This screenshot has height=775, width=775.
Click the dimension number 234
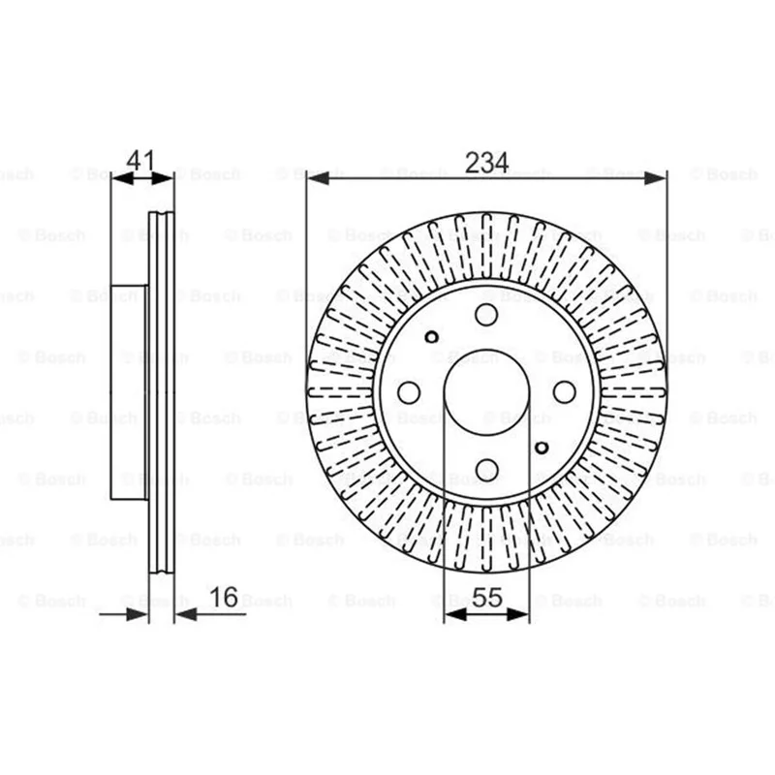click(486, 163)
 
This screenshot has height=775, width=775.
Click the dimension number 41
click(140, 161)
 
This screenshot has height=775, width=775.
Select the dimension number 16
click(224, 597)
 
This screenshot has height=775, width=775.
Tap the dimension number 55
click(487, 597)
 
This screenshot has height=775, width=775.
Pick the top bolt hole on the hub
click(486, 315)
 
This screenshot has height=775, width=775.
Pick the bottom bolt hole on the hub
click(486, 470)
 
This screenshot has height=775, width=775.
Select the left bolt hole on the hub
click(409, 392)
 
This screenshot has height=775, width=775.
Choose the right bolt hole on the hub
click(565, 392)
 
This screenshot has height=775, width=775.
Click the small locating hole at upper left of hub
click(431, 337)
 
